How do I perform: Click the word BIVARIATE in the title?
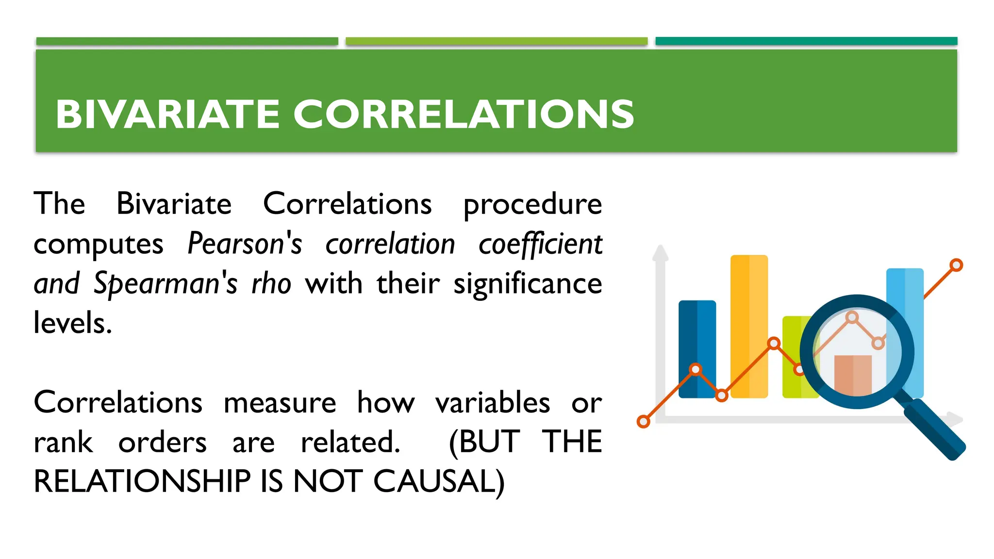[167, 115]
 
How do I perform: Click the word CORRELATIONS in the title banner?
[464, 115]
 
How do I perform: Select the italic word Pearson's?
[245, 244]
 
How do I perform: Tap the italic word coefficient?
[540, 244]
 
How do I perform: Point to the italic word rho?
[271, 283]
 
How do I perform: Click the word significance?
[528, 283]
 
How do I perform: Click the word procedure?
[532, 204]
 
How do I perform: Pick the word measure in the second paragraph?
[280, 403]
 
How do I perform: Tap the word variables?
[493, 403]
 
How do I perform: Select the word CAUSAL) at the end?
[439, 482]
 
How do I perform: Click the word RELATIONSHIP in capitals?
[142, 482]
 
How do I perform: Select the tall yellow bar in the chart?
[749, 301]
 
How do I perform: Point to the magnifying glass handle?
[934, 429]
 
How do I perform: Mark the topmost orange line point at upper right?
[956, 265]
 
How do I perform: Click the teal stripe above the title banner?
[806, 41]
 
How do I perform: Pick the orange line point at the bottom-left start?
[644, 421]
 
